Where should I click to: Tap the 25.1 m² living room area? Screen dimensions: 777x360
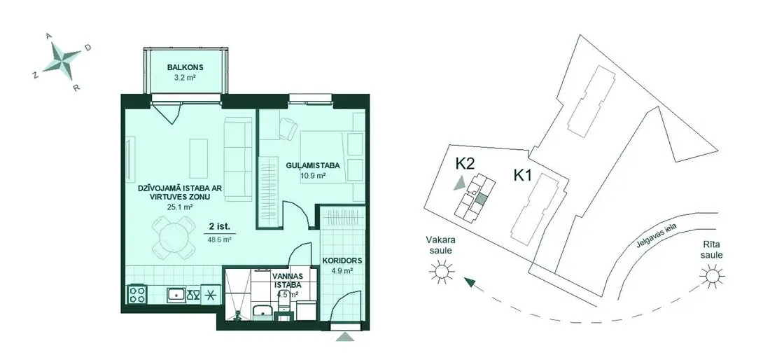(x=180, y=207)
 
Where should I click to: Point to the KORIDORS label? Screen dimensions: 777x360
(x=342, y=260)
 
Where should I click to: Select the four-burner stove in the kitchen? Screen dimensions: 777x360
(x=137, y=294)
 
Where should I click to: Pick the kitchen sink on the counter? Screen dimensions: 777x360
(x=176, y=295)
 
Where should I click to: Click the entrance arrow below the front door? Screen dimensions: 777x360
(x=345, y=337)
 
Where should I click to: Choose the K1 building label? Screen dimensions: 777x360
(x=524, y=174)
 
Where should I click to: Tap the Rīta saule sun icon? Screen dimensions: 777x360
(x=713, y=275)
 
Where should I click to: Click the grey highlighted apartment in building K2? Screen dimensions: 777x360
(x=481, y=200)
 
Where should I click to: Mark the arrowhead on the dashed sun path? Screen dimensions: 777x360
(x=469, y=283)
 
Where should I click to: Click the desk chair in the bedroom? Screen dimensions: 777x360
(x=287, y=128)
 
